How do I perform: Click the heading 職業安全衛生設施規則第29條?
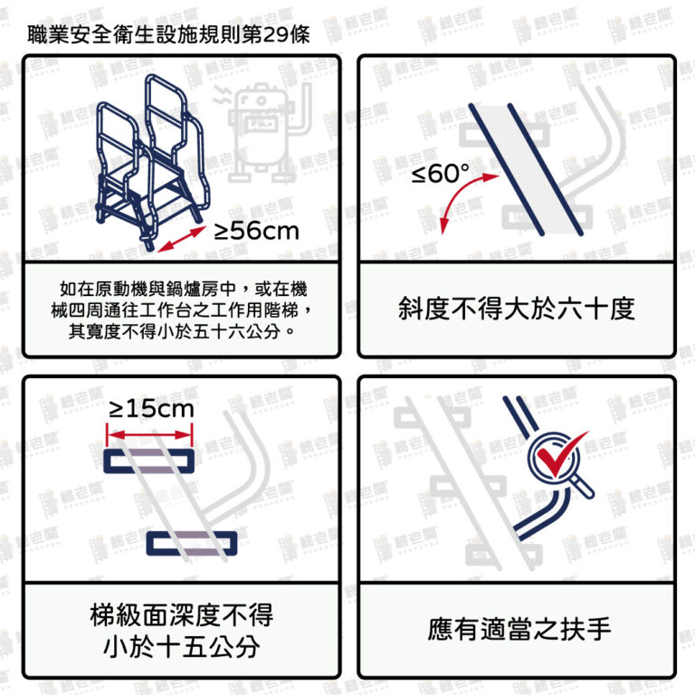[x=168, y=34]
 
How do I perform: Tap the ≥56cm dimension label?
[x=256, y=231]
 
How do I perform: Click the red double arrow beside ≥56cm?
[x=182, y=239]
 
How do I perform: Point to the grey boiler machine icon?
[x=262, y=132]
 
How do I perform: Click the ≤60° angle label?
[x=440, y=173]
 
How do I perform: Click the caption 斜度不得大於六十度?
[x=517, y=309]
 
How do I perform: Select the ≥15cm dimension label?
[x=152, y=409]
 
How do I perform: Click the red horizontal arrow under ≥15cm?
[x=150, y=434]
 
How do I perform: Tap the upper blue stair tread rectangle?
[x=149, y=461]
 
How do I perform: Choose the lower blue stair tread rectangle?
[x=192, y=543]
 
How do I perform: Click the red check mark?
[x=561, y=453]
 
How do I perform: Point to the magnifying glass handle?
[x=583, y=487]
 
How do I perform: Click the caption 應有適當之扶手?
[x=519, y=629]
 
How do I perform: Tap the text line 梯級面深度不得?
[x=182, y=614]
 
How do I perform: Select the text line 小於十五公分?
[x=182, y=647]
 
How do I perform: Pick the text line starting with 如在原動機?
[x=184, y=289]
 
